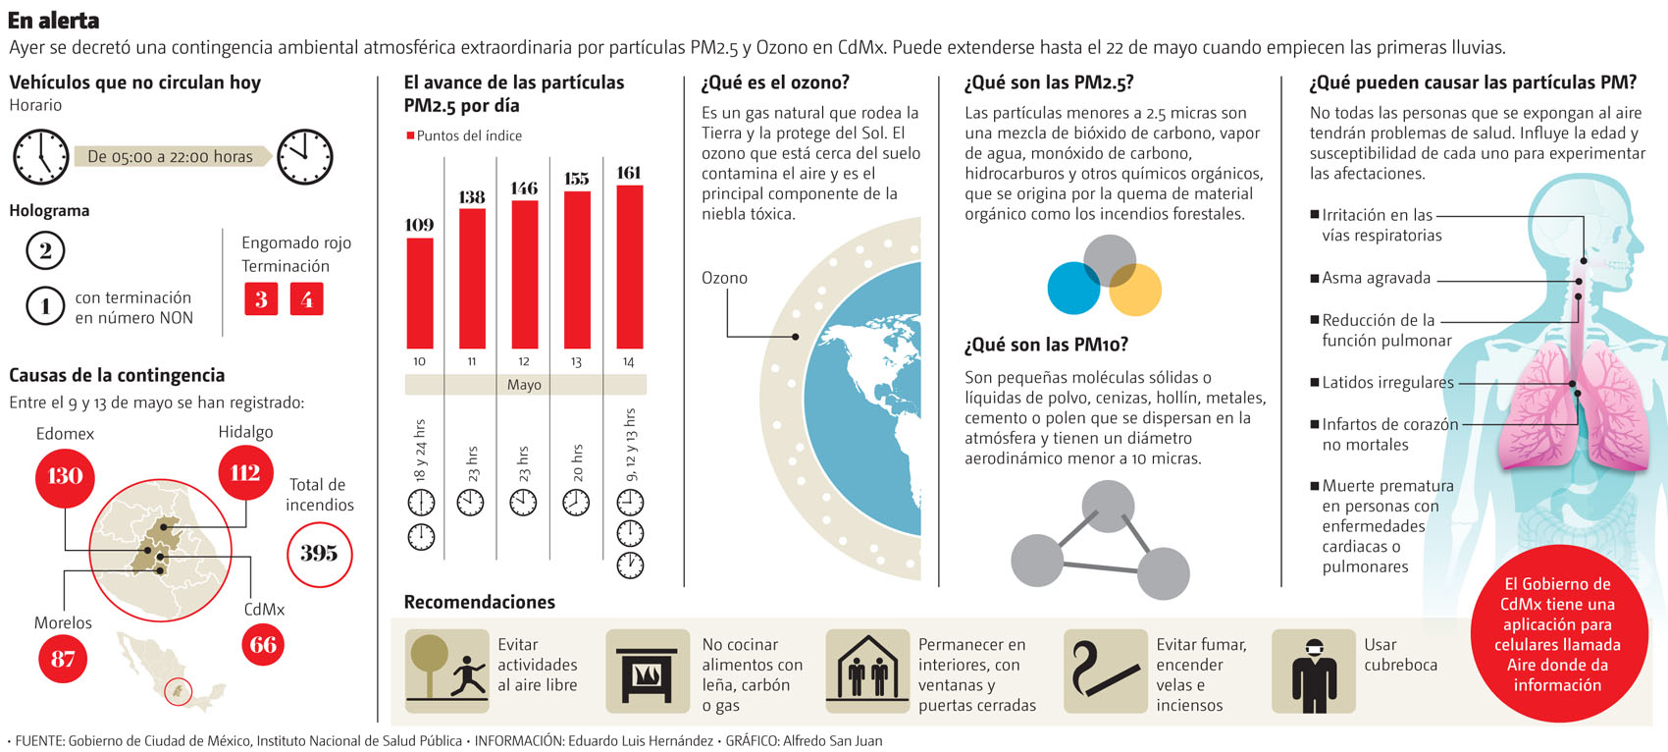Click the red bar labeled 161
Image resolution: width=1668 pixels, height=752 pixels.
[x=629, y=266]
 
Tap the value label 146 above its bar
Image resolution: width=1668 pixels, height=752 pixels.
[x=524, y=188]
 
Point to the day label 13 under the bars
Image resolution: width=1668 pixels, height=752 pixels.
[x=576, y=362]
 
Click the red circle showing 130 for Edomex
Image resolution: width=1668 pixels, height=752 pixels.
[x=65, y=476]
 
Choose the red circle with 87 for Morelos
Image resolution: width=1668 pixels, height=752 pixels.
[x=63, y=659]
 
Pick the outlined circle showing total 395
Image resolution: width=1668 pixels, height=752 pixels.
[x=319, y=554]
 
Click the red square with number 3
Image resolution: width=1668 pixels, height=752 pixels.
[x=261, y=299]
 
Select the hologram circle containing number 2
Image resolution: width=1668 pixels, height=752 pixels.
[x=45, y=251]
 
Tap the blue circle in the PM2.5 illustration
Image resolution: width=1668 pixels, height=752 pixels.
[x=1074, y=288]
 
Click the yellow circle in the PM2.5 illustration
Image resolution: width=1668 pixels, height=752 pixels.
[x=1135, y=289]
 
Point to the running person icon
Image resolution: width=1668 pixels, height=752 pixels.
[x=470, y=676]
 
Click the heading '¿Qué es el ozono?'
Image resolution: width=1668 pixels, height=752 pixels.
[x=775, y=83]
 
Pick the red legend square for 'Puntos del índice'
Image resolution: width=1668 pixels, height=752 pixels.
[x=410, y=135]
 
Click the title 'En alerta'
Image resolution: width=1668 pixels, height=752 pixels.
[x=53, y=20]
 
